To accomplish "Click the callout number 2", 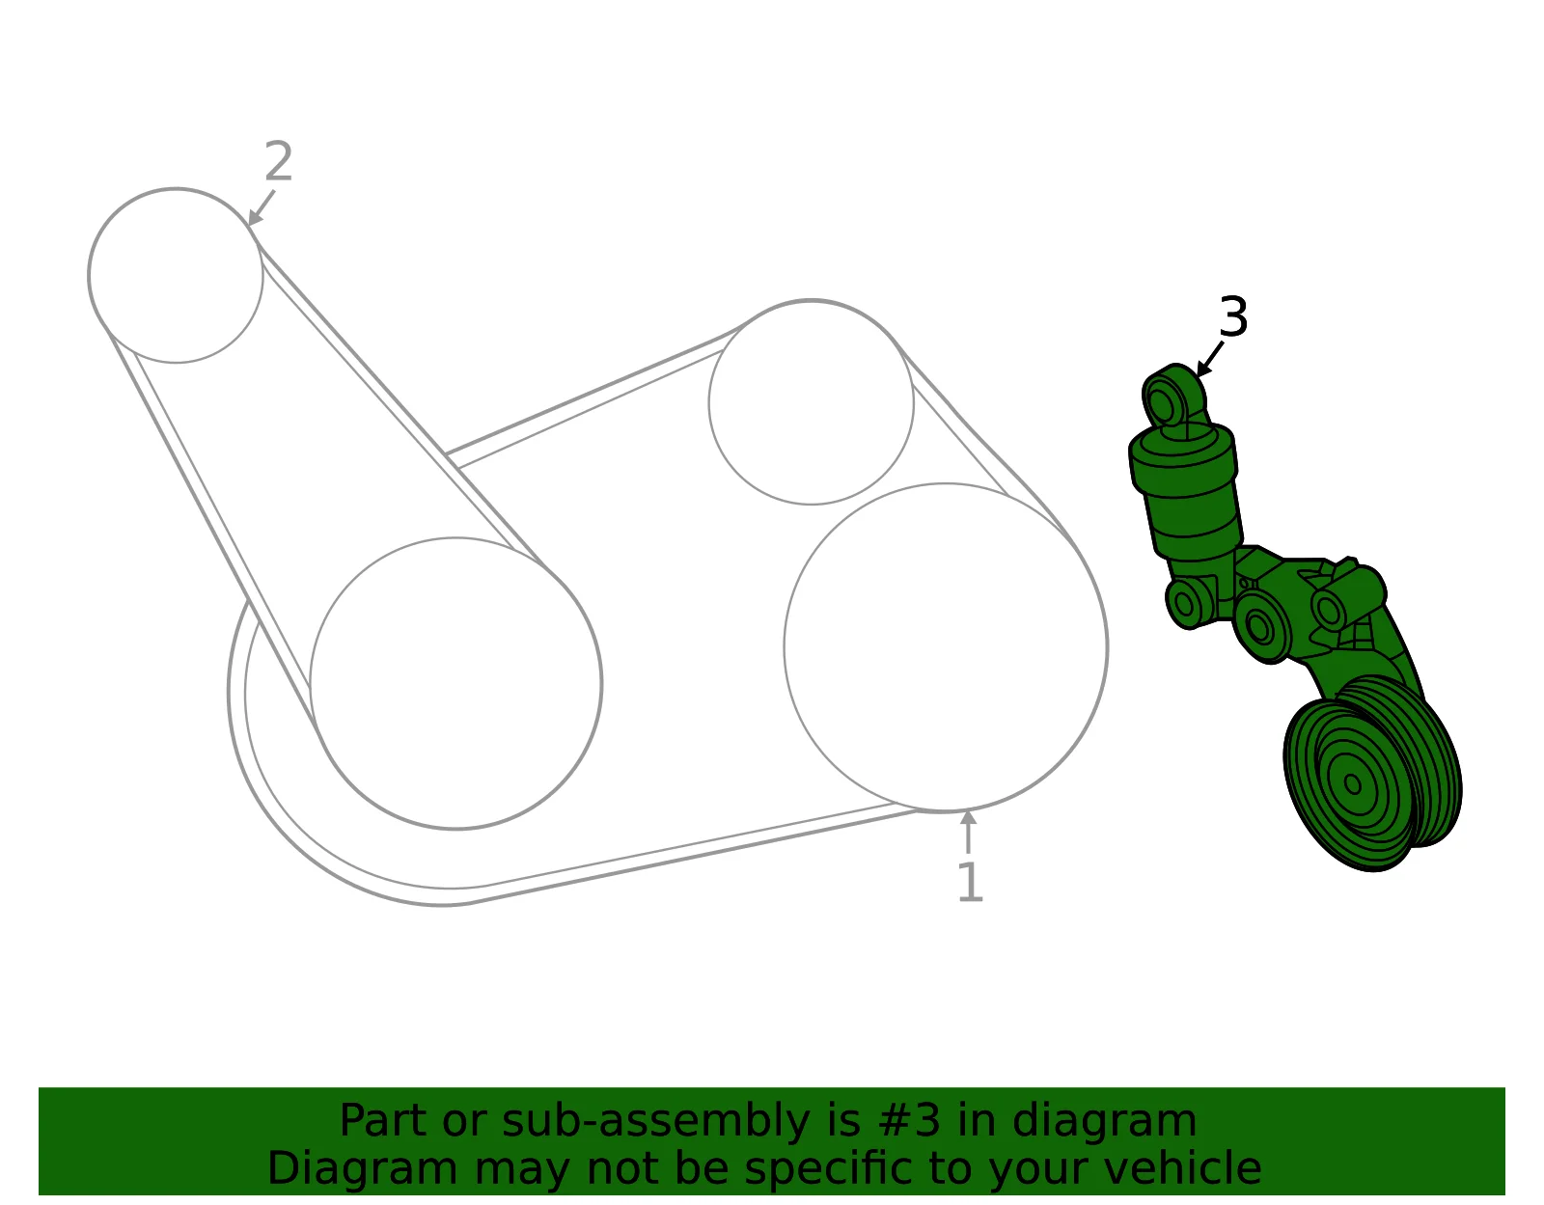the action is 279,161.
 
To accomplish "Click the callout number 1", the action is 971,883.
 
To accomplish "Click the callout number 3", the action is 1233,316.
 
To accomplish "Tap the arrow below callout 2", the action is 261,207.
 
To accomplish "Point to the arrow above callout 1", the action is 968,832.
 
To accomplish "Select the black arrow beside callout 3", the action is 1209,359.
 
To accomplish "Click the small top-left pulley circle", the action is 176,276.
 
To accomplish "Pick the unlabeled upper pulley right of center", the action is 811,402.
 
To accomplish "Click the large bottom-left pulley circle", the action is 456,683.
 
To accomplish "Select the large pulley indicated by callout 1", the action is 946,647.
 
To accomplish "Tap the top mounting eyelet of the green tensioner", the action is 1163,406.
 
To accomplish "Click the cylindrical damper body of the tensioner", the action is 1185,497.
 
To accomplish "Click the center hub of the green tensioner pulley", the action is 1353,784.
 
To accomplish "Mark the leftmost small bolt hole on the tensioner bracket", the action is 1184,604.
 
